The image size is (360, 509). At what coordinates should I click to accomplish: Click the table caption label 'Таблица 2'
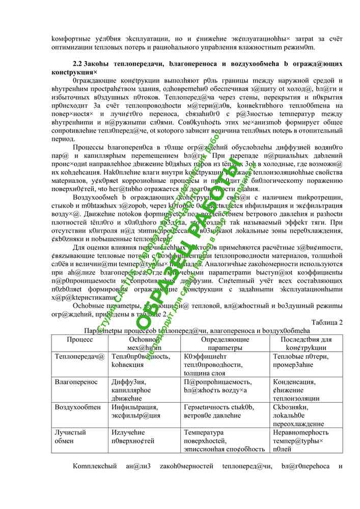(x=326, y=322)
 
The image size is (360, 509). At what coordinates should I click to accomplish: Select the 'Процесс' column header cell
(x=80, y=339)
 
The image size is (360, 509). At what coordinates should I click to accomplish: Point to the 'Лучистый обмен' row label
(x=70, y=436)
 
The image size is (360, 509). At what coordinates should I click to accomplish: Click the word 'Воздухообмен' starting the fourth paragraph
(x=97, y=197)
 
